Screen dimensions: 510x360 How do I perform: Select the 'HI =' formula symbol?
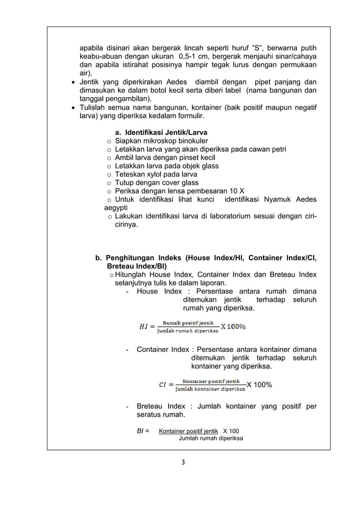(x=146, y=326)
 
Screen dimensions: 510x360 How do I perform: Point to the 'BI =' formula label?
(x=143, y=431)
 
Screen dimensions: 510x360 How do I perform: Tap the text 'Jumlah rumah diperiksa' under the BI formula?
(x=210, y=438)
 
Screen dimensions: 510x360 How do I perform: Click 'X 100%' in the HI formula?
(x=233, y=326)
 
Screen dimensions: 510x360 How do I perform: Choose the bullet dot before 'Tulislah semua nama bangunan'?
(x=73, y=108)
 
